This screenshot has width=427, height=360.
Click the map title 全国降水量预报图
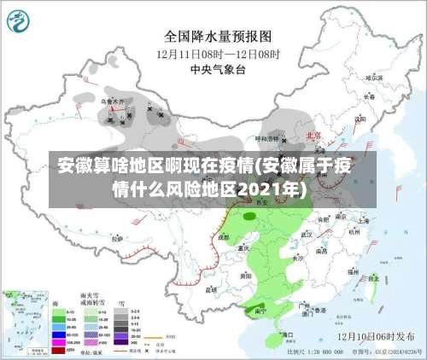pyautogui.click(x=218, y=37)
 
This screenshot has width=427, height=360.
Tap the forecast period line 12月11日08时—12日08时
pyautogui.click(x=218, y=53)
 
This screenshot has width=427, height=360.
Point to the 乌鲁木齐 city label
pyautogui.click(x=113, y=102)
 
